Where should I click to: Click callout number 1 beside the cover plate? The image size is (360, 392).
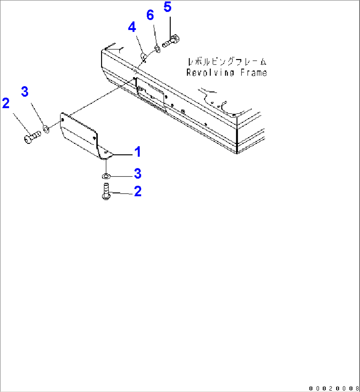click(x=138, y=152)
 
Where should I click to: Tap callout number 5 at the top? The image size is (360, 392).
click(x=168, y=7)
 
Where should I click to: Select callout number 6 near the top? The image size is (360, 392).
click(x=150, y=15)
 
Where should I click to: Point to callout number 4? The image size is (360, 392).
click(x=132, y=27)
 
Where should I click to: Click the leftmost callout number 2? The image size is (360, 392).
click(x=6, y=103)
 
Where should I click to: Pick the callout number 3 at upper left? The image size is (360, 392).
click(x=25, y=91)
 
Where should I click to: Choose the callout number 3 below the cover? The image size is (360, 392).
click(x=138, y=174)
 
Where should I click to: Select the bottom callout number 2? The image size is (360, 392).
click(x=138, y=191)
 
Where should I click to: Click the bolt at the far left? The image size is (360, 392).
click(x=32, y=137)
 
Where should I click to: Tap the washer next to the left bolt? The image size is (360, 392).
click(x=46, y=129)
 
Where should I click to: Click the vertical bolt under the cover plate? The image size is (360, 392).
click(x=106, y=191)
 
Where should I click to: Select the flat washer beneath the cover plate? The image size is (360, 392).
click(x=106, y=176)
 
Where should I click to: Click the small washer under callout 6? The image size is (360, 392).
click(x=157, y=49)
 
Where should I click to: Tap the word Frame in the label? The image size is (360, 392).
click(x=254, y=73)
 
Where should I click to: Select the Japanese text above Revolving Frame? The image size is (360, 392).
click(x=227, y=61)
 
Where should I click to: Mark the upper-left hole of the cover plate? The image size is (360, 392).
click(x=62, y=120)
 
